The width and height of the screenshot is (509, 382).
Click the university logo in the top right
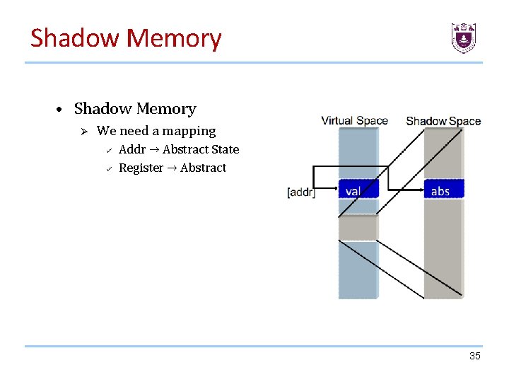(464, 37)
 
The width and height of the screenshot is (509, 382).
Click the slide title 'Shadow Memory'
(126, 38)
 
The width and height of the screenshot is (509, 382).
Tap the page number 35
(474, 356)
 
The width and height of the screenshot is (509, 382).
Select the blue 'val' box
(358, 190)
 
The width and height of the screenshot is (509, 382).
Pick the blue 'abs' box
(443, 190)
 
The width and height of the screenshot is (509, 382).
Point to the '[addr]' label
(301, 192)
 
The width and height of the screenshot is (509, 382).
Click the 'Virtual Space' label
(354, 120)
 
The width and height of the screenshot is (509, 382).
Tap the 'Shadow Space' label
(443, 121)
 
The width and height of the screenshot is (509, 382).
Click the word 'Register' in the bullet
(141, 168)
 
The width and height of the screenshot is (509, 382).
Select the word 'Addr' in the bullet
(132, 149)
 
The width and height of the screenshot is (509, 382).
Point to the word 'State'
(223, 149)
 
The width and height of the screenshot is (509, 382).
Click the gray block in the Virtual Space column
(358, 227)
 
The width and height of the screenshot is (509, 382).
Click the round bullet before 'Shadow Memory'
(62, 110)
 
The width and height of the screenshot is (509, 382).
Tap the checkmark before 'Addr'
(108, 149)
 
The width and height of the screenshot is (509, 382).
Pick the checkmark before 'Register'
(108, 168)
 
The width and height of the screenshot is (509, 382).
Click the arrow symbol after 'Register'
(172, 168)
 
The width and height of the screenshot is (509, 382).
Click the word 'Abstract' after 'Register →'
(204, 168)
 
